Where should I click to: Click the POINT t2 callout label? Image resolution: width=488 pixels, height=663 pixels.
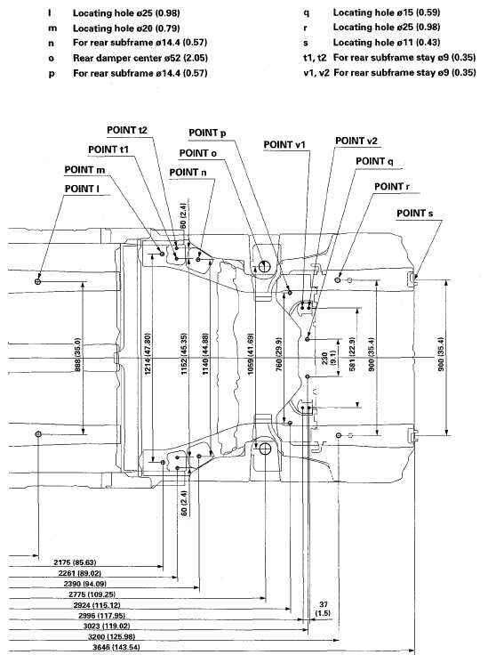(x=127, y=130)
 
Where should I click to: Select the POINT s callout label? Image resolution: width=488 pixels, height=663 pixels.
(x=414, y=214)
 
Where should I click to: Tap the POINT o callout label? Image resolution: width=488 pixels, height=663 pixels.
(x=197, y=153)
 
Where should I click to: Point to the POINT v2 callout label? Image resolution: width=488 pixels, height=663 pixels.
(x=356, y=141)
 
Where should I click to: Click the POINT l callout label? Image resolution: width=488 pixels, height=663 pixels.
(x=82, y=189)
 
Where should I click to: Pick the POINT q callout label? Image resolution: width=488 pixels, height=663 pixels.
(x=374, y=161)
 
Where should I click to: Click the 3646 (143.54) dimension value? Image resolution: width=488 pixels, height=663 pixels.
(x=116, y=647)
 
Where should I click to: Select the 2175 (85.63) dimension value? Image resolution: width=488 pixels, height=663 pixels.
(x=75, y=562)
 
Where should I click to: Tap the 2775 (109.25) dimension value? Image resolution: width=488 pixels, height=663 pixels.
(x=92, y=594)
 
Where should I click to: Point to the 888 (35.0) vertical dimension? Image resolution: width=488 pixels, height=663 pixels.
(x=77, y=354)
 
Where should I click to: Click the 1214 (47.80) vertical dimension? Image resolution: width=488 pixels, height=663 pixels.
(x=148, y=353)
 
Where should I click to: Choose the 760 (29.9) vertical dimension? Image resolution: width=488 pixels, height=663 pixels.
(x=279, y=354)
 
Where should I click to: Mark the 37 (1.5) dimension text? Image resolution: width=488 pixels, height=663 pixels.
(x=324, y=609)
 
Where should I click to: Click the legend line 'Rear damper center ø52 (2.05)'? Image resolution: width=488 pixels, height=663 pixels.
(x=140, y=58)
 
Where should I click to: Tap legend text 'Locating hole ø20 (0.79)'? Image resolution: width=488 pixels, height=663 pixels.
(x=126, y=28)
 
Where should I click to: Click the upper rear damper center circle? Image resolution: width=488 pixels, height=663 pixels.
(x=265, y=266)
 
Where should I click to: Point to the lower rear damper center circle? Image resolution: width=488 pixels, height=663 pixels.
(x=265, y=449)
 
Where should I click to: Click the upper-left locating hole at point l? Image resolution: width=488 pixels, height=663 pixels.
(x=38, y=280)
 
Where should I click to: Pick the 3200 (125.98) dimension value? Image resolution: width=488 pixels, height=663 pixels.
(x=111, y=637)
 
